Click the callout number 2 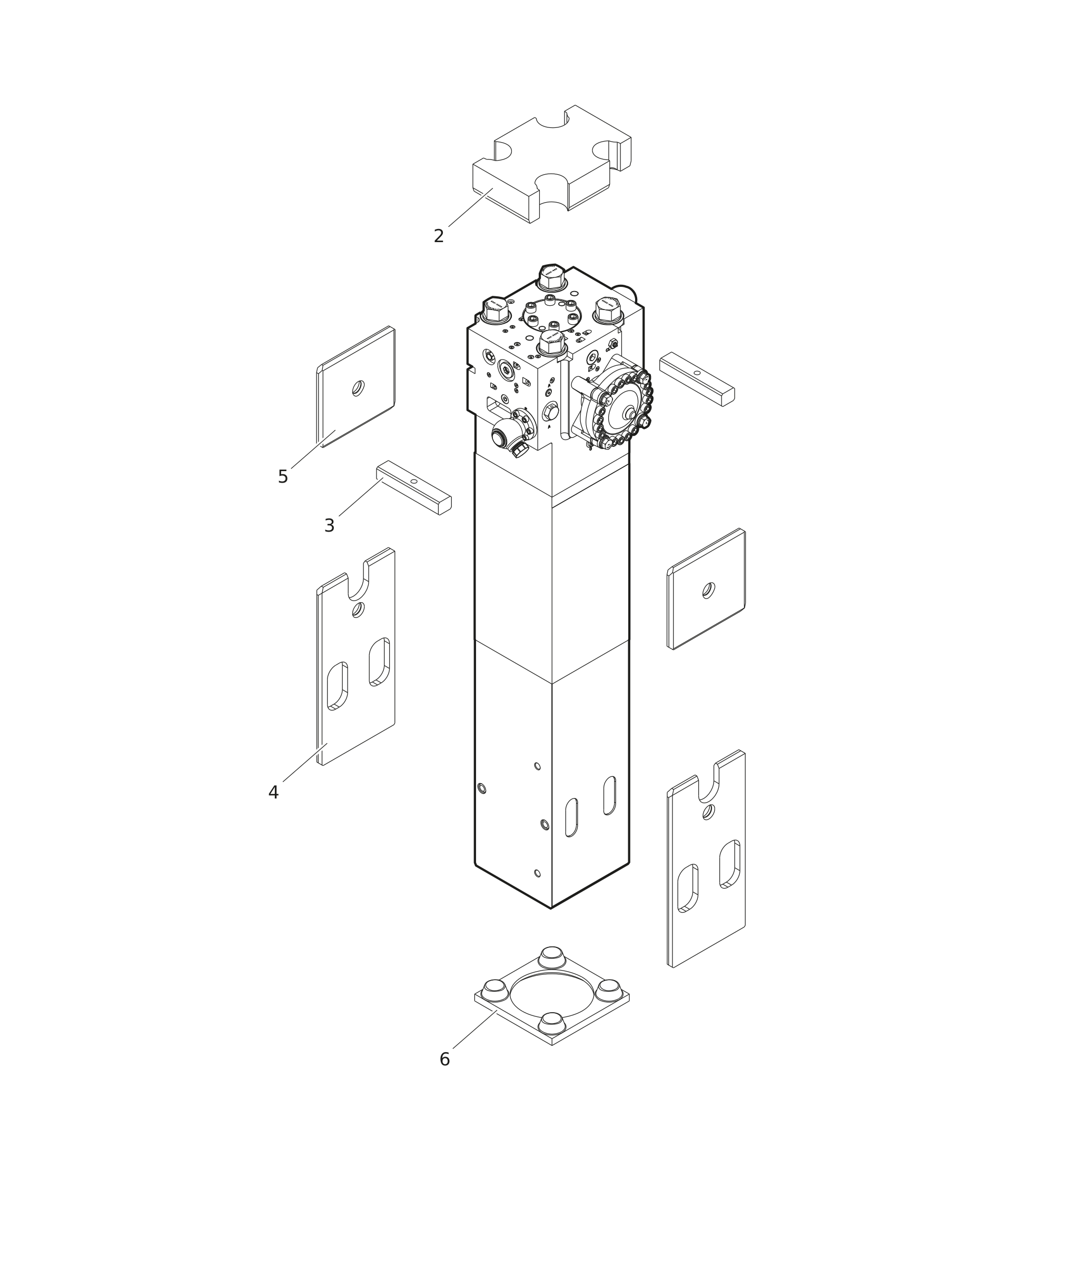click(x=438, y=236)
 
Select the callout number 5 click(x=282, y=477)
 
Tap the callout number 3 click(x=329, y=526)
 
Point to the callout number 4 click(x=273, y=793)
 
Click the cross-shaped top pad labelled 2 click(x=552, y=164)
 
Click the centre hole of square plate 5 click(x=358, y=388)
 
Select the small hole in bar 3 click(x=414, y=481)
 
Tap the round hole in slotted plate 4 click(x=358, y=610)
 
